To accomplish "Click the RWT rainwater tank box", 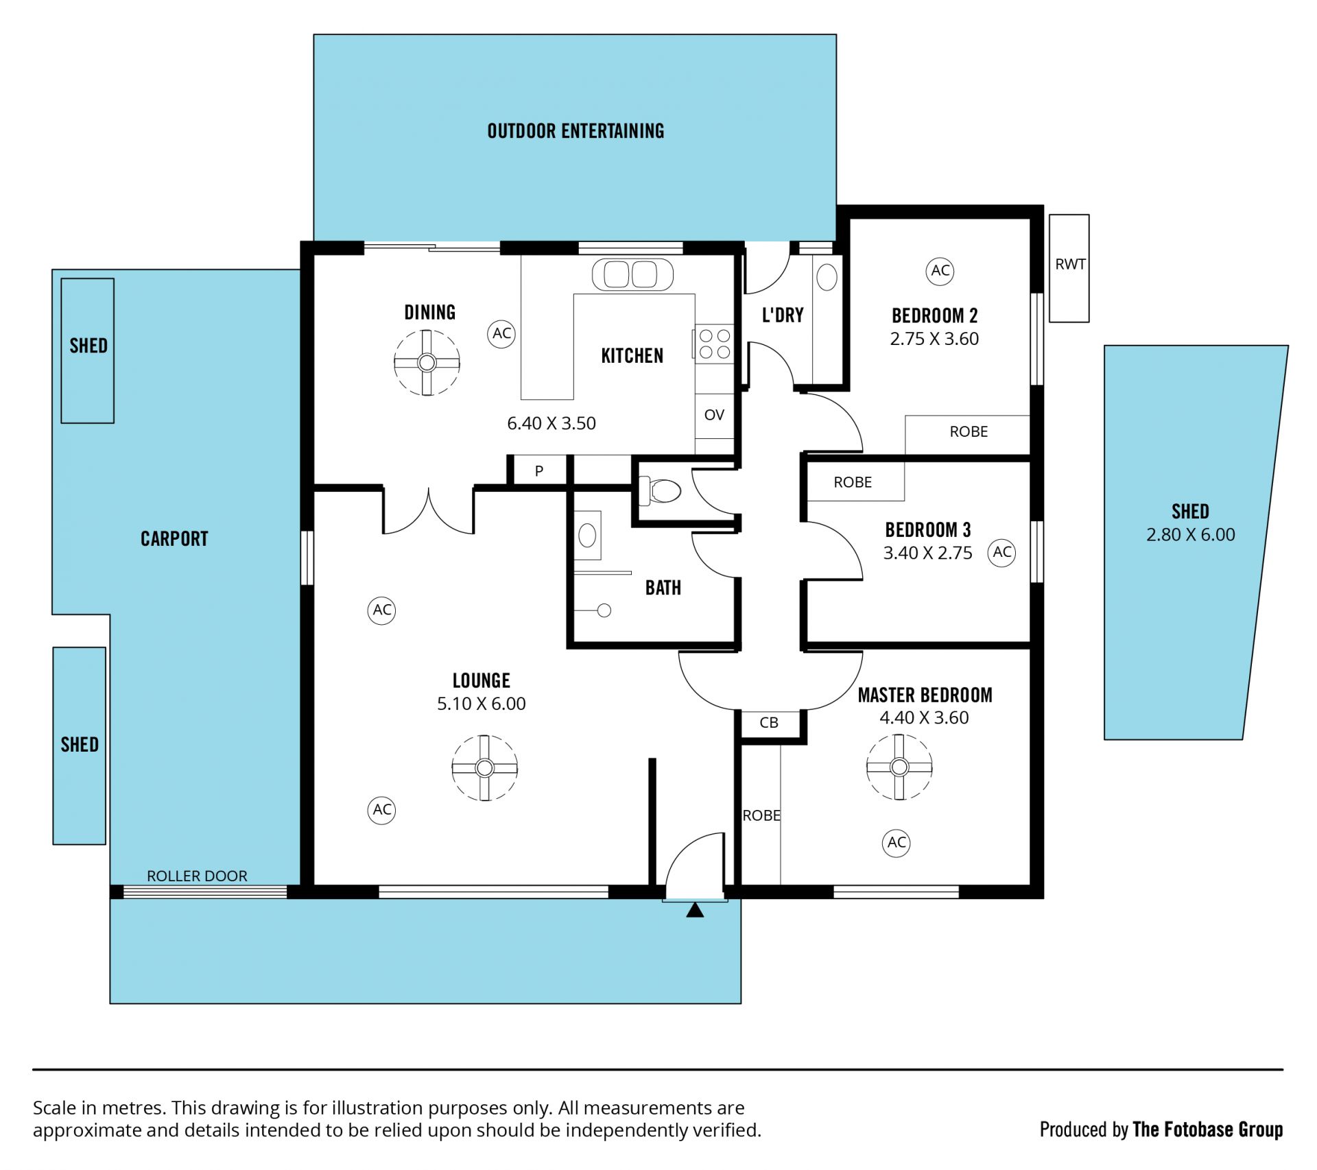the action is click(x=1069, y=268).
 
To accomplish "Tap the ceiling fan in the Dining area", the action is click(x=427, y=363).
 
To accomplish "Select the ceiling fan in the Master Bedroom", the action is click(x=899, y=767).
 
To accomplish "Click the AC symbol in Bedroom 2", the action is click(x=940, y=271).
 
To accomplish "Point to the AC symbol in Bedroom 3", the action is click(x=1001, y=552).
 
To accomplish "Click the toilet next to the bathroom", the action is click(x=660, y=490).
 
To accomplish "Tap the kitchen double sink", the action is click(x=632, y=274).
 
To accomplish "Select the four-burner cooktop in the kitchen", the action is click(x=714, y=344).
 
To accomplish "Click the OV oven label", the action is click(x=714, y=415).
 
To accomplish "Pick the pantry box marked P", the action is click(x=539, y=471).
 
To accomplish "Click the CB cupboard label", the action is click(x=769, y=723).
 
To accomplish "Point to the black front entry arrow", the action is click(x=695, y=910).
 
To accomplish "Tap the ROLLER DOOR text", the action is click(x=197, y=876).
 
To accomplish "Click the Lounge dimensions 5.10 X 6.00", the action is click(x=482, y=704).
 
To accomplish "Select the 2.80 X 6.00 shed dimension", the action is click(x=1190, y=535).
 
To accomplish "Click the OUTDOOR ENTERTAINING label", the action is click(x=576, y=131).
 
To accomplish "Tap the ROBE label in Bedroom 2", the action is click(x=969, y=432).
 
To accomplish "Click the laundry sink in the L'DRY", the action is click(x=827, y=277).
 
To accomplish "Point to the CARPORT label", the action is click(x=174, y=539).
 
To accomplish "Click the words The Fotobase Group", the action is click(x=1207, y=1130).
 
